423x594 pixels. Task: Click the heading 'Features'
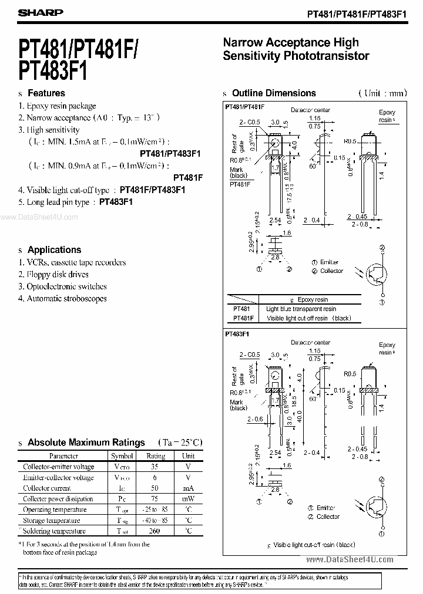[x=46, y=93]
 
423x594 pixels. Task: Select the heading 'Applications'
[x=54, y=249]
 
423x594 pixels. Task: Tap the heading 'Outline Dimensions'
[x=274, y=93]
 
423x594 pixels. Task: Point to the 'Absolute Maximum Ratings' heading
[x=86, y=443]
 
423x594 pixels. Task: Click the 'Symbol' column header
[x=122, y=455]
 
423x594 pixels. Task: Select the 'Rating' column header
[x=156, y=455]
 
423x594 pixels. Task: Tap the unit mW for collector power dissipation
[x=188, y=499]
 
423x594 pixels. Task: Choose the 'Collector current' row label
[x=47, y=488]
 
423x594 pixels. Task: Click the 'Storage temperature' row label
[x=51, y=521]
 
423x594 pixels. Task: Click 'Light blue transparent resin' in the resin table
[x=301, y=309]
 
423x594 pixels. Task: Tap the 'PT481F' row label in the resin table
[x=243, y=318]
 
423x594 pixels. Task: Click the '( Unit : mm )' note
[x=382, y=93]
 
